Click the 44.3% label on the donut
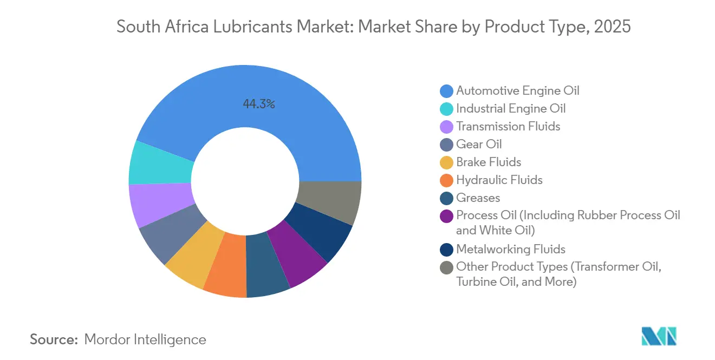[259, 104]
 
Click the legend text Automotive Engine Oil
[518, 90]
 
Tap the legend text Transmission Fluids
[508, 126]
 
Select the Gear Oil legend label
[479, 144]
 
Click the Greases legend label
[478, 198]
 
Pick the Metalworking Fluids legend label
[511, 249]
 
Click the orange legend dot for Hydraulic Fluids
[447, 180]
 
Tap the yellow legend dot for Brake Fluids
[447, 162]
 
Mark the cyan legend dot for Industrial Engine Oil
[447, 109]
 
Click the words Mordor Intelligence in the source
[145, 339]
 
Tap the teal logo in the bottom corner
[659, 336]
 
